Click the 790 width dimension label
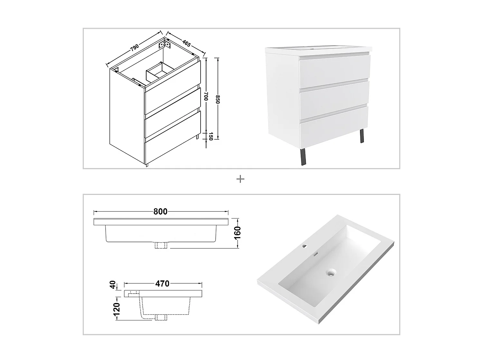pyautogui.click(x=135, y=47)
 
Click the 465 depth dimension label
pyautogui.click(x=186, y=43)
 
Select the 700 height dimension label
pyautogui.click(x=206, y=96)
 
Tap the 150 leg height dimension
pyautogui.click(x=211, y=136)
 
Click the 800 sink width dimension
pyautogui.click(x=160, y=212)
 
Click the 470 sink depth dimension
pyautogui.click(x=162, y=284)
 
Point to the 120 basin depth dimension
pyautogui.click(x=117, y=308)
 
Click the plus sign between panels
pyautogui.click(x=240, y=179)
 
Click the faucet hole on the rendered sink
pyautogui.click(x=305, y=247)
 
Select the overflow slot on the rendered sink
pyautogui.click(x=317, y=254)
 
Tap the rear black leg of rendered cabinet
pyautogui.click(x=362, y=136)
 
